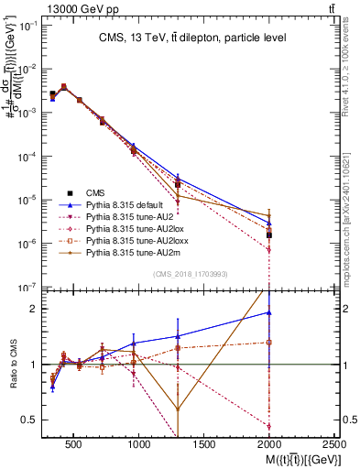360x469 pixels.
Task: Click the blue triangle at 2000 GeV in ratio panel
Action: tap(269, 312)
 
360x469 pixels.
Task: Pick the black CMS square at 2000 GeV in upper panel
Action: tap(269, 234)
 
